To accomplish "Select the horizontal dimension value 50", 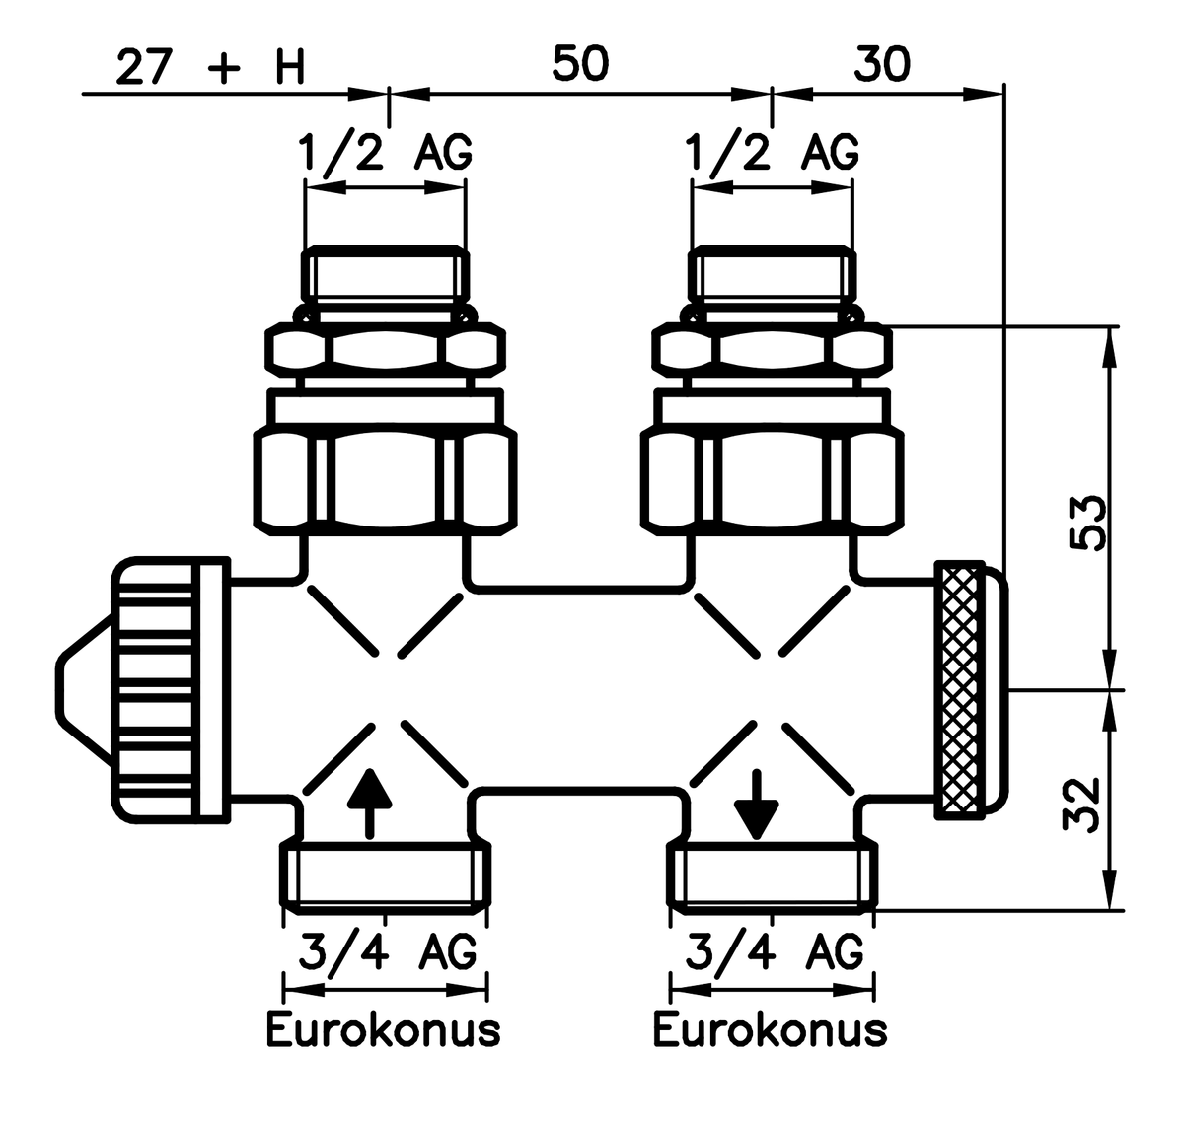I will [x=580, y=64].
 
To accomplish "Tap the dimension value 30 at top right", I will [x=882, y=64].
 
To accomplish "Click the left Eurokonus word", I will [x=384, y=1030].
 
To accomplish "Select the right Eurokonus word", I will [x=771, y=1030].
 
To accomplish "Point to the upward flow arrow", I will [x=369, y=800].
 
